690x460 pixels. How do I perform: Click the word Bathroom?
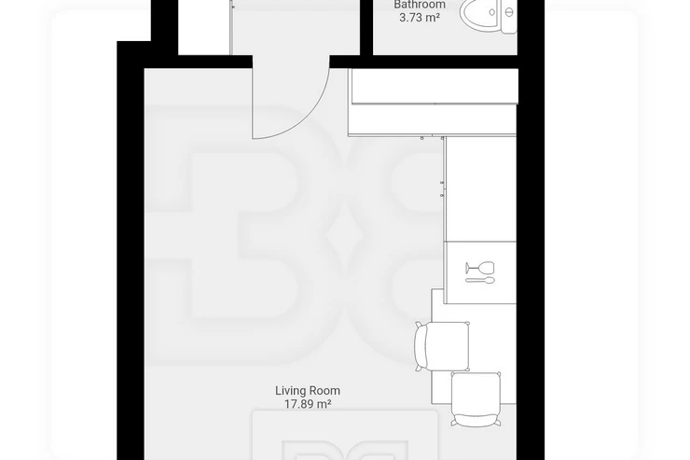click(x=420, y=5)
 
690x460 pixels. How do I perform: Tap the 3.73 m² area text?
click(x=420, y=18)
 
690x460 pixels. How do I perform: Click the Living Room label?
click(x=308, y=390)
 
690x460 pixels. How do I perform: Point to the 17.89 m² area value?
click(x=308, y=404)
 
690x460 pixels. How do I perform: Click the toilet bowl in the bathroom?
click(x=478, y=13)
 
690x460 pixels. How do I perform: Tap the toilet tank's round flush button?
click(x=509, y=13)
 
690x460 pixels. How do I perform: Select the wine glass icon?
click(x=480, y=267)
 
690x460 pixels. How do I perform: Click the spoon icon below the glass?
click(x=480, y=280)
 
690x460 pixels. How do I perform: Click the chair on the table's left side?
click(x=442, y=346)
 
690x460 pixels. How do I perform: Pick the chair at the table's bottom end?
click(x=476, y=399)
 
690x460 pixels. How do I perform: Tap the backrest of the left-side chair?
click(x=420, y=346)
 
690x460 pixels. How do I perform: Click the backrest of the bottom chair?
click(x=476, y=421)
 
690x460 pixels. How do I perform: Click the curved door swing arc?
click(x=309, y=119)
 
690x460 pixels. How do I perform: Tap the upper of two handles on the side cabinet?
click(x=442, y=182)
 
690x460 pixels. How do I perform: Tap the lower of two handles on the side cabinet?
click(x=442, y=195)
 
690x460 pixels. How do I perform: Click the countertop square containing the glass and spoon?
click(x=480, y=272)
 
